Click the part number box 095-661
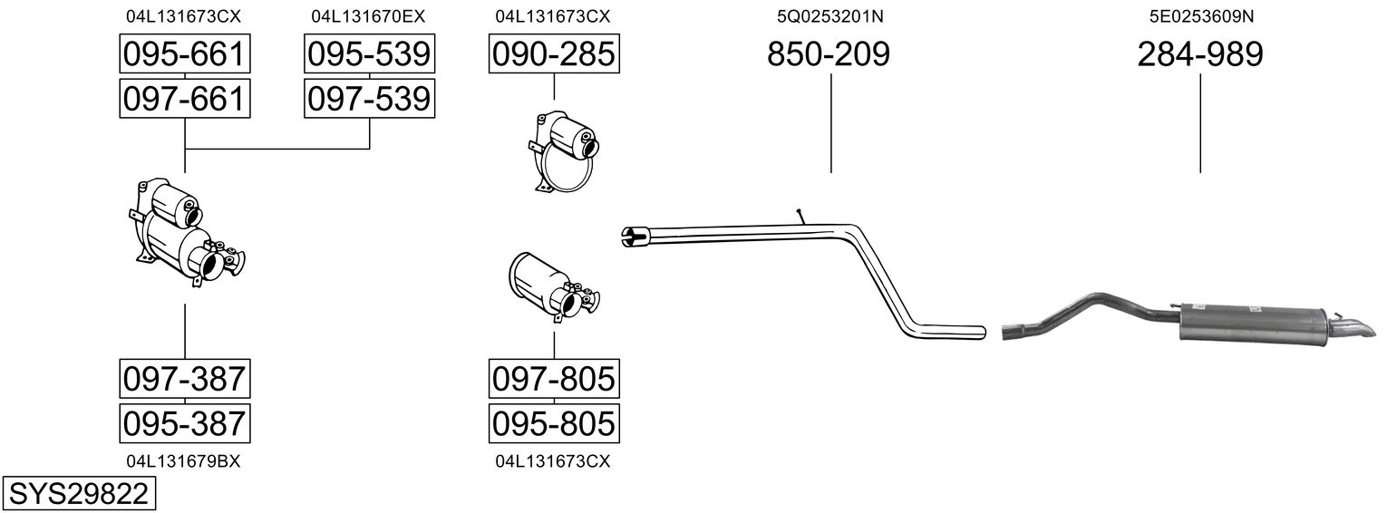coord(185,53)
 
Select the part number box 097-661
coord(185,99)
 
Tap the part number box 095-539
coord(369,53)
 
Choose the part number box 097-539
coord(369,99)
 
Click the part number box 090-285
coord(554,53)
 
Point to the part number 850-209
coord(829,53)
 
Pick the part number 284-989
coord(1200,53)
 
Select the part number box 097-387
coord(185,378)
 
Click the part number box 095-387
coord(185,423)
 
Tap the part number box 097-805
coord(554,378)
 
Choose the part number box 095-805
coord(554,423)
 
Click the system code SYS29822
coord(79,493)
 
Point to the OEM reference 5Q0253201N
coord(829,16)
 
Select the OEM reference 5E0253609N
coord(1201,16)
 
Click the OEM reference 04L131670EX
coord(368,16)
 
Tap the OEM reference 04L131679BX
coord(183,461)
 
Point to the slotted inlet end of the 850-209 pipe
coord(635,237)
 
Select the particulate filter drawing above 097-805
coord(554,287)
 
